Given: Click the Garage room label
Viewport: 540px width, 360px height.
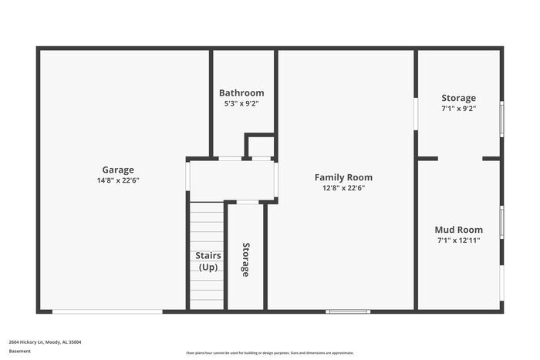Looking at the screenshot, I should coord(118,170).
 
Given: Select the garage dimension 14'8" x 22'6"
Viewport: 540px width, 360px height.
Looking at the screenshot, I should coord(118,180).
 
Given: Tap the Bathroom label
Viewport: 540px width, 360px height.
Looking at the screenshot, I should coord(241,93).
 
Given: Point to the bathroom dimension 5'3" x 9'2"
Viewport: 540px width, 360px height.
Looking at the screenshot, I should coord(241,103).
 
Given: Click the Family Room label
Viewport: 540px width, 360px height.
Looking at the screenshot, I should coord(343,177).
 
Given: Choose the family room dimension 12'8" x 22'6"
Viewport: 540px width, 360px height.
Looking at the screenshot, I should coord(343,187).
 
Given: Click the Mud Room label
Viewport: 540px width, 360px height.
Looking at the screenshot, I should coord(458,230).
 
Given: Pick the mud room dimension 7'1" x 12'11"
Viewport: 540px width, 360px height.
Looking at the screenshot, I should coord(458,240).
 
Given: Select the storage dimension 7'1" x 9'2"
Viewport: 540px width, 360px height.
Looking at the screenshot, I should coord(458,109).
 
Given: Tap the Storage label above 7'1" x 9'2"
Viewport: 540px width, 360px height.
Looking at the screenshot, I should coord(458,98).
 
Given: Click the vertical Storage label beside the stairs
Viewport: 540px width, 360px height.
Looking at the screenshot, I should coord(245,260).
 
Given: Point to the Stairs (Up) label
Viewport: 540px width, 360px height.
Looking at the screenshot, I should coord(208,261).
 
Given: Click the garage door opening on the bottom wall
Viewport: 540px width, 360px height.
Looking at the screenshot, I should coord(107,311).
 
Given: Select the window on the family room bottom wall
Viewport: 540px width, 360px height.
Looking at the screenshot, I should coord(348,311).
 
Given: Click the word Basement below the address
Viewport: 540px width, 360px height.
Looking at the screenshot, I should coord(20,352).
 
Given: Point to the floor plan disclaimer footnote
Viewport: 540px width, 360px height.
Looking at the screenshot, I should coord(269,352).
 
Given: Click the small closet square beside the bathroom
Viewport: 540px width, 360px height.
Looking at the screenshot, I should coord(261,146).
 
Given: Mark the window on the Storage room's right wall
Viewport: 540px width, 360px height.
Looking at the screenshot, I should coord(501,119).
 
